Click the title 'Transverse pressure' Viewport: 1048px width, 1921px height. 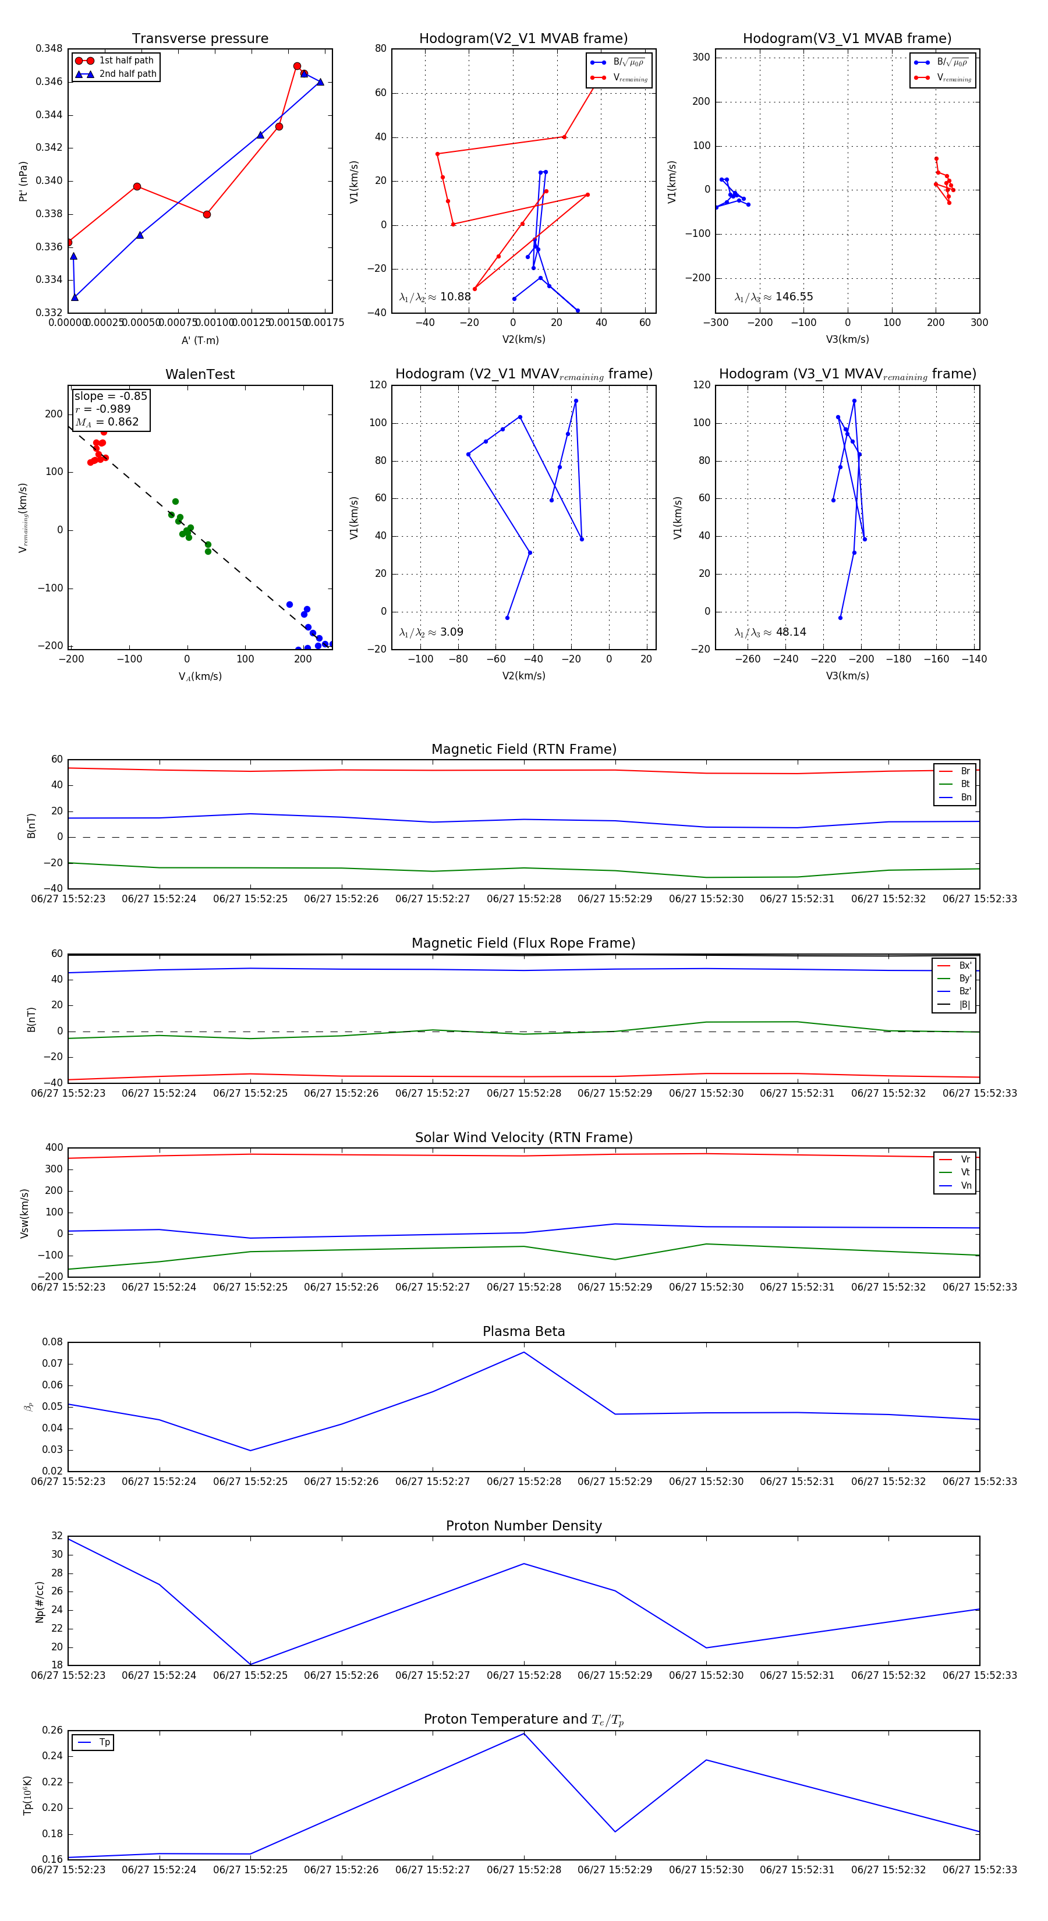coord(200,39)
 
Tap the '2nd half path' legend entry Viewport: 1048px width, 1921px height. coord(128,74)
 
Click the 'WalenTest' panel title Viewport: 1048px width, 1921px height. coord(200,374)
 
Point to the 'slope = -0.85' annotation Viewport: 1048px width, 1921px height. coord(111,396)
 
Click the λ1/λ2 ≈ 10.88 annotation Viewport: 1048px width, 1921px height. coord(435,297)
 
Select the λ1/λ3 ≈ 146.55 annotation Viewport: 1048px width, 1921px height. coord(774,297)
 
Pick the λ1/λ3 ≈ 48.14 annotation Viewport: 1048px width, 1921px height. coord(770,632)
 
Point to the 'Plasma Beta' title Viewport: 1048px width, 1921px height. coord(523,1331)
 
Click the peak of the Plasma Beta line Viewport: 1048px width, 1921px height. coord(523,1352)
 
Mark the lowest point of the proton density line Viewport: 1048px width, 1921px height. coord(250,1664)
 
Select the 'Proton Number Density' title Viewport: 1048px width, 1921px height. coord(523,1525)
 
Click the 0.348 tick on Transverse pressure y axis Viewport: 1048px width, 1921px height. coord(49,48)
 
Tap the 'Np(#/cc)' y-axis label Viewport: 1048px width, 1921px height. coord(40,1602)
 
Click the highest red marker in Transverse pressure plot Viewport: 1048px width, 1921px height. coord(297,66)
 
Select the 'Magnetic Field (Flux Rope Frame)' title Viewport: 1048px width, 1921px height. coord(523,944)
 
